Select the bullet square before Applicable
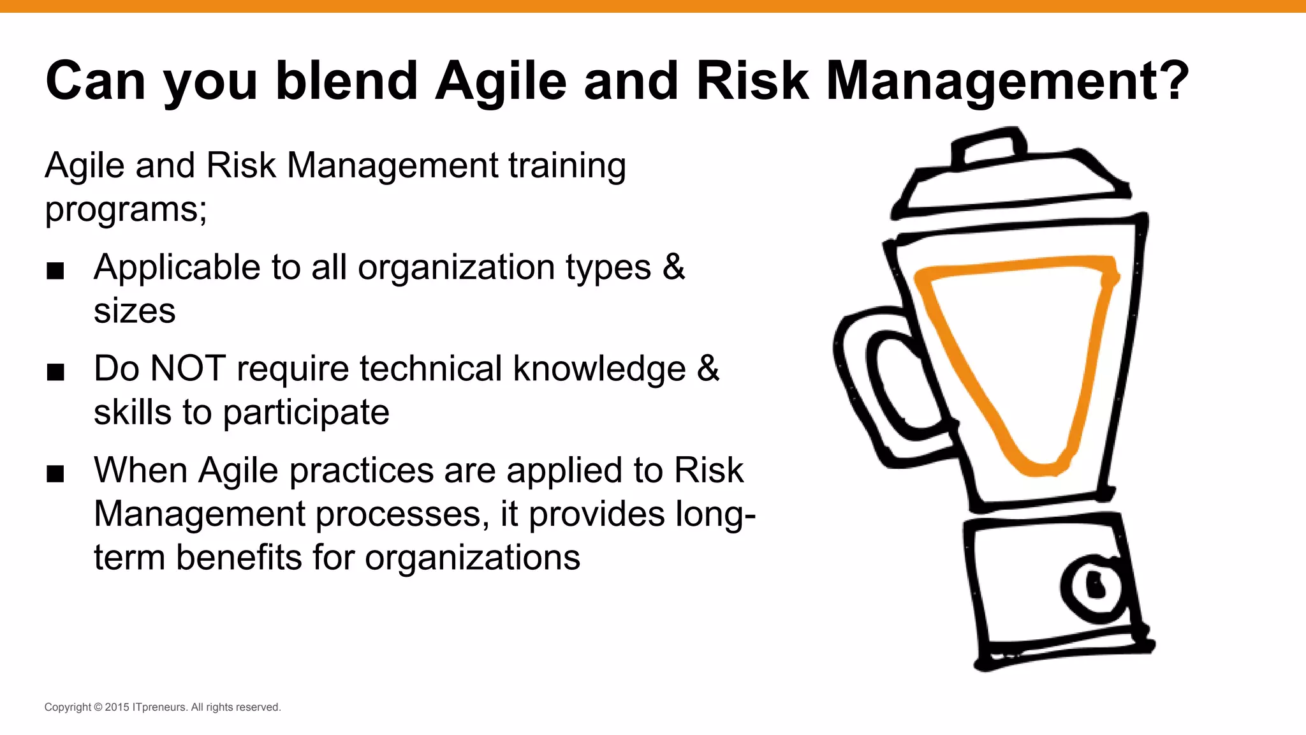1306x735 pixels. pos(55,271)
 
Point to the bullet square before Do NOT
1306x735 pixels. pos(55,372)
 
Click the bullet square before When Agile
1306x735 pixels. pos(55,473)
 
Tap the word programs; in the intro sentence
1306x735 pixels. pos(126,209)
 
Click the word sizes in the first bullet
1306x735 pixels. pos(134,311)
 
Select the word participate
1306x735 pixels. pos(305,412)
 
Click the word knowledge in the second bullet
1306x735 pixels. pos(599,369)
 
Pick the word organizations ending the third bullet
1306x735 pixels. pos(472,557)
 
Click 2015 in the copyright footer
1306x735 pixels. pos(117,707)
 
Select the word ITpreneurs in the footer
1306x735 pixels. pos(160,707)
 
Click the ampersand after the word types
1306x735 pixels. pos(673,267)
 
